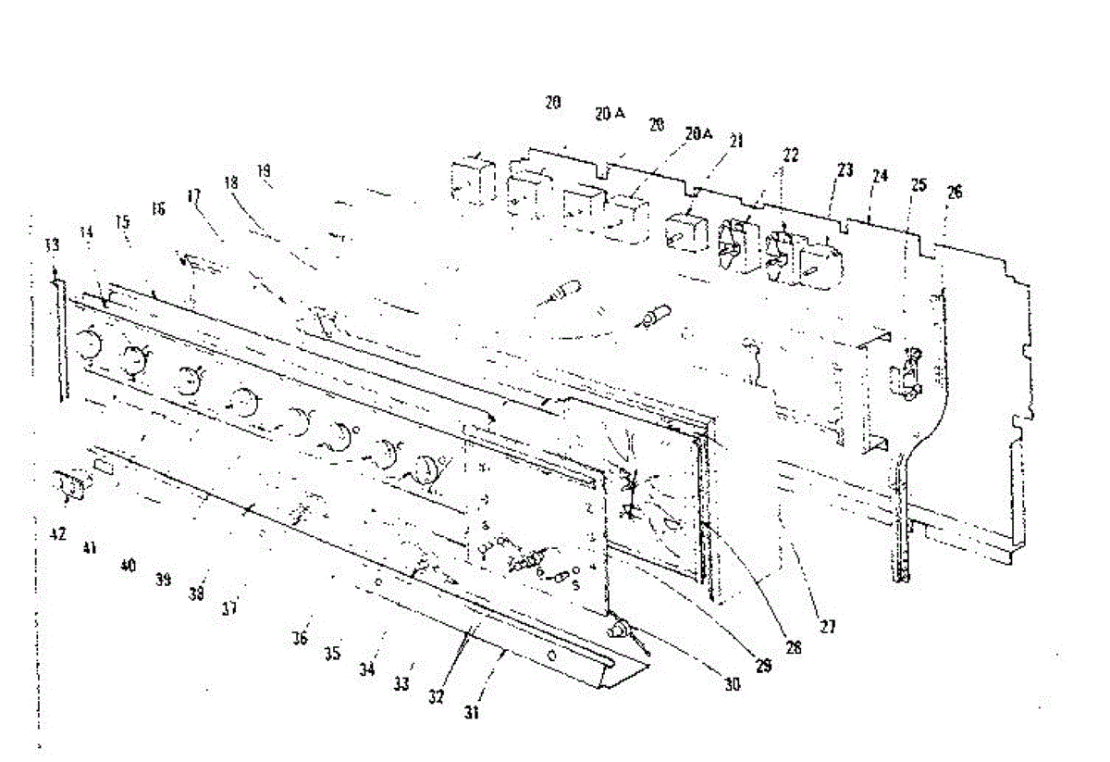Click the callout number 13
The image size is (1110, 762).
pyautogui.click(x=52, y=244)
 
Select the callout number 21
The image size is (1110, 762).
pyautogui.click(x=736, y=142)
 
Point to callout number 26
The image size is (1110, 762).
pyautogui.click(x=955, y=192)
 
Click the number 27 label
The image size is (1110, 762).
pyautogui.click(x=827, y=627)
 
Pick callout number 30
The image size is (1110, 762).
pyautogui.click(x=732, y=685)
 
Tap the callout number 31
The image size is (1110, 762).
pyautogui.click(x=474, y=713)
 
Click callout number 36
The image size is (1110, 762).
pyautogui.click(x=300, y=638)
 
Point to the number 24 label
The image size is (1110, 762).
pyautogui.click(x=880, y=176)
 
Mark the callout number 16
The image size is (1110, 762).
pyautogui.click(x=158, y=210)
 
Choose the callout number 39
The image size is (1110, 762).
pyautogui.click(x=164, y=579)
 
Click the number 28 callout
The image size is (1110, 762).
pyautogui.click(x=793, y=648)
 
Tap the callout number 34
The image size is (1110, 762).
pyautogui.click(x=367, y=669)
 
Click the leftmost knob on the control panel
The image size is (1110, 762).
pyautogui.click(x=89, y=344)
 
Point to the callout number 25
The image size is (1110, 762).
pyautogui.click(x=918, y=184)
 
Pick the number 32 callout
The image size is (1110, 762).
pyautogui.click(x=436, y=693)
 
